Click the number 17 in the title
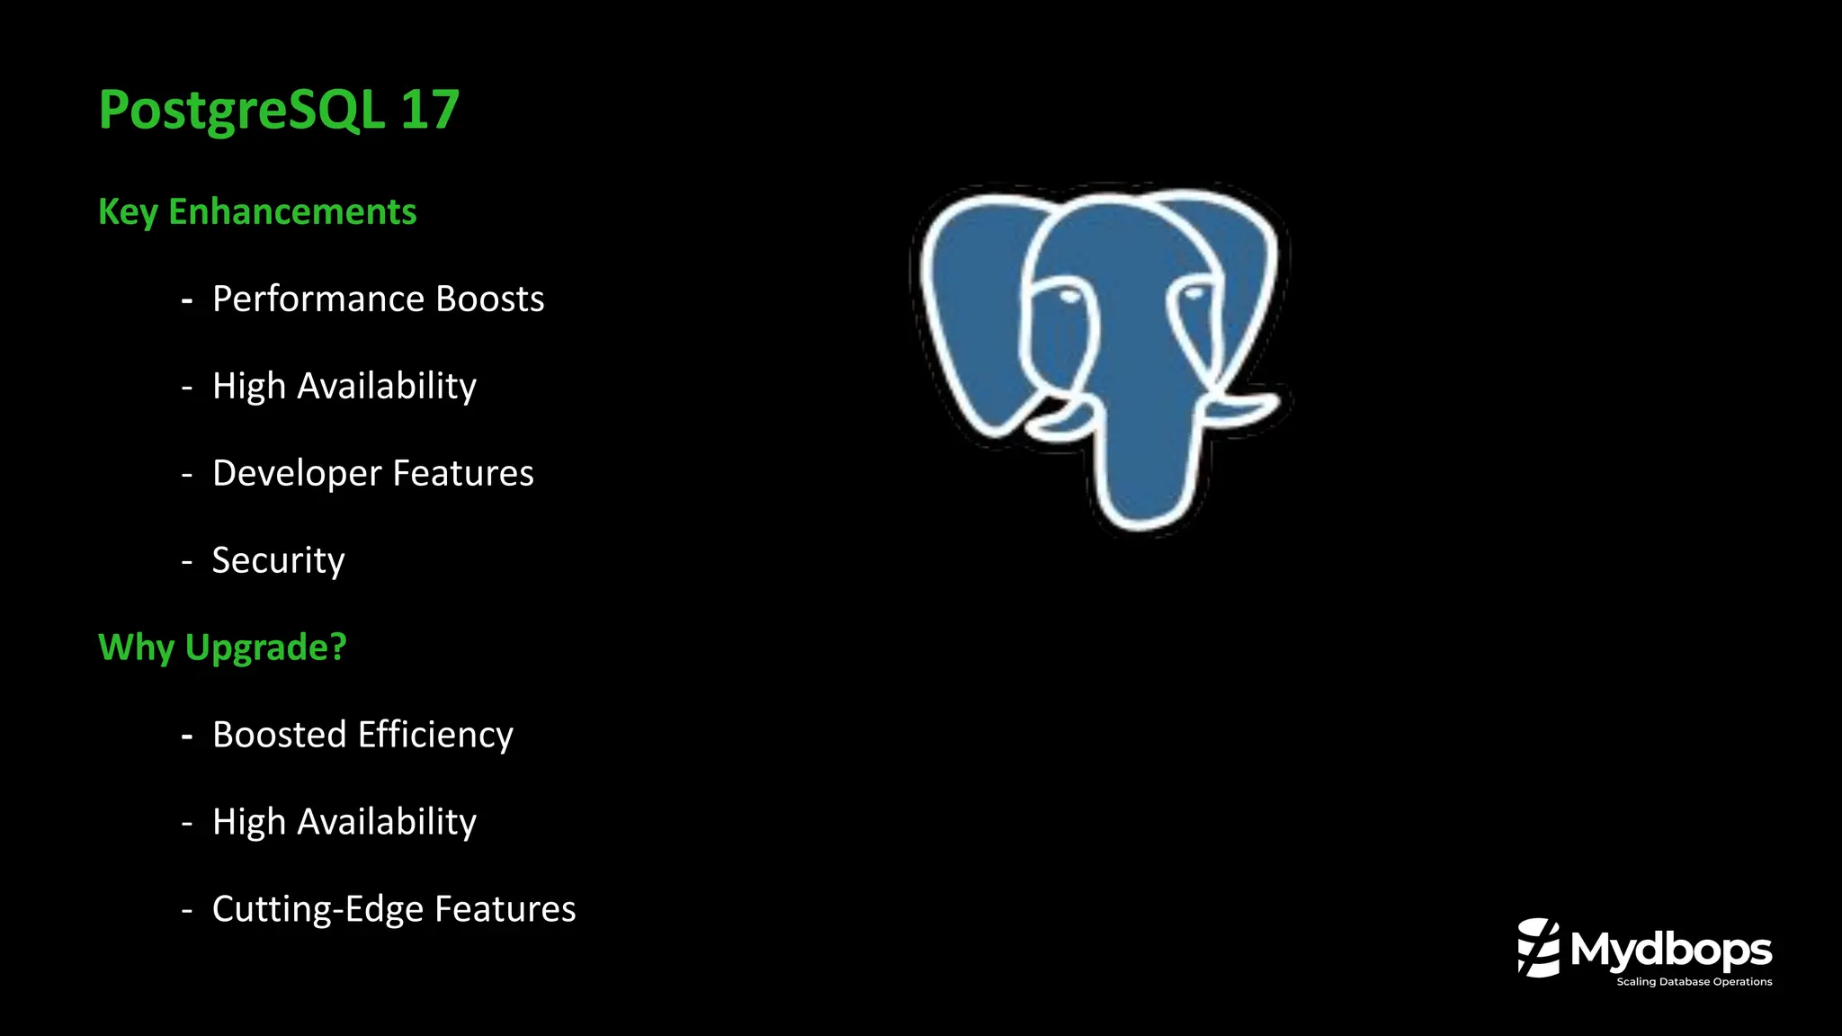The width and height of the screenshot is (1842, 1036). tap(430, 110)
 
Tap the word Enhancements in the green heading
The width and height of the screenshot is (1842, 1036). tap(292, 212)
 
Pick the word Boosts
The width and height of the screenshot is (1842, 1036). tap(490, 299)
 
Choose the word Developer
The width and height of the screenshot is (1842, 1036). tap(297, 474)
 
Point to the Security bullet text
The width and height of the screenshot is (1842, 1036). tap(279, 560)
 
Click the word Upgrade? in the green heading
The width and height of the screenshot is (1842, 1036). tap(266, 648)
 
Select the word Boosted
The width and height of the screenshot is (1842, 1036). tap(279, 735)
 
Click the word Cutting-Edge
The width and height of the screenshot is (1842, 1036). tap(317, 909)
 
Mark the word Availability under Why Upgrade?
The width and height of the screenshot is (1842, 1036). tap(387, 822)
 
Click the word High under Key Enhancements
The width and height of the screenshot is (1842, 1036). tap(248, 387)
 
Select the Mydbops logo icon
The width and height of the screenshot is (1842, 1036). tap(1539, 947)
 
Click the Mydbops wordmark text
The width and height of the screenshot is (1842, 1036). tap(1671, 950)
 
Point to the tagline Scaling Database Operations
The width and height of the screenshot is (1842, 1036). tap(1694, 982)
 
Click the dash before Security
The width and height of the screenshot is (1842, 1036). tap(187, 562)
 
